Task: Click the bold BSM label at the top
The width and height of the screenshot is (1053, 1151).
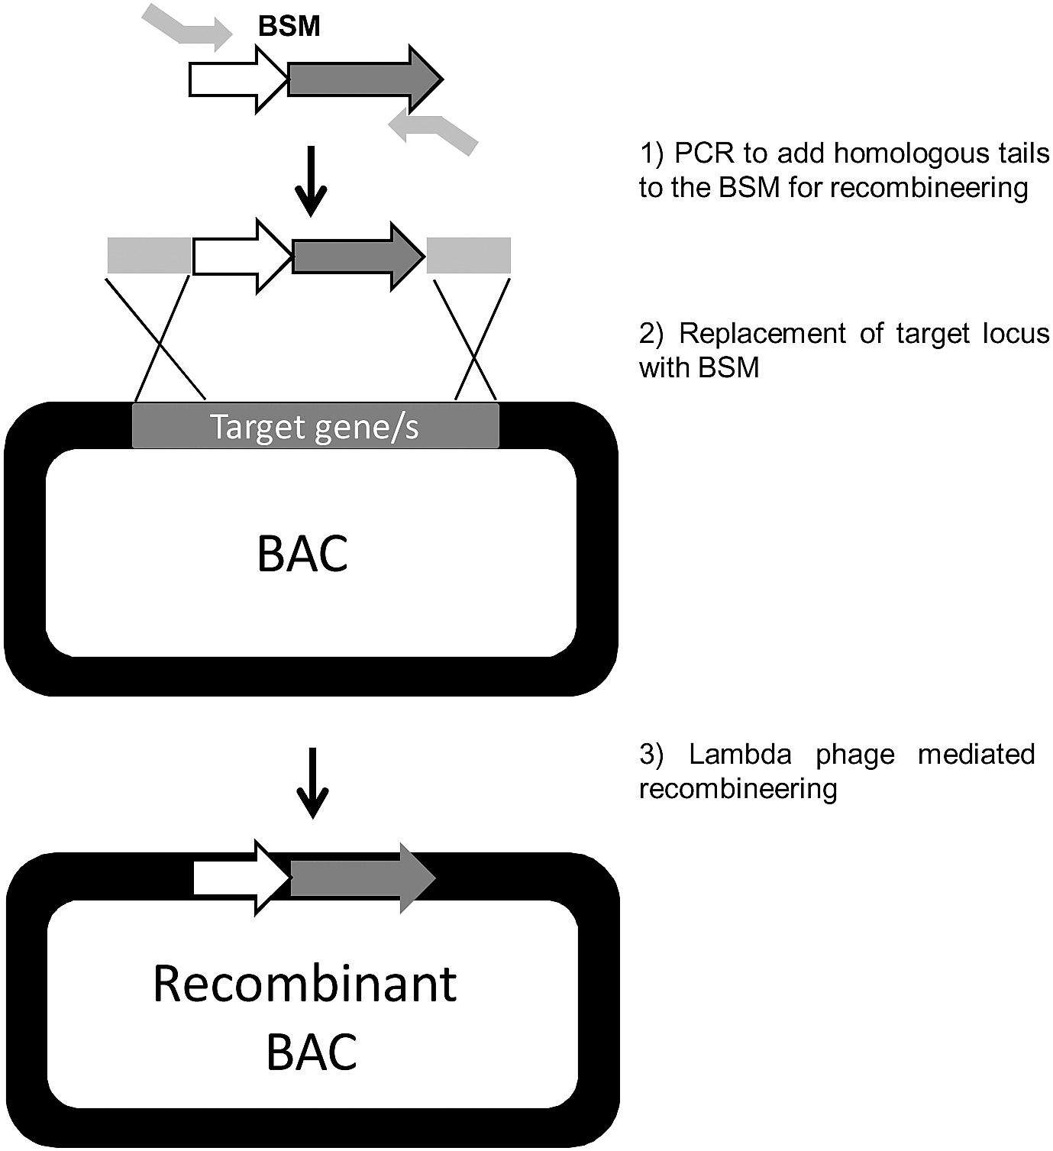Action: coord(289,27)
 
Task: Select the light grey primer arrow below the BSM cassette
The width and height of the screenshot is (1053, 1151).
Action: coord(432,131)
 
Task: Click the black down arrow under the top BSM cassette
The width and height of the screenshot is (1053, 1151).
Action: coord(311,180)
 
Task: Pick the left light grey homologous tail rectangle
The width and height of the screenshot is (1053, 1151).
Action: coord(149,255)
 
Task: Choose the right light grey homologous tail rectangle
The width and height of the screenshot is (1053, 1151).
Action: coord(468,255)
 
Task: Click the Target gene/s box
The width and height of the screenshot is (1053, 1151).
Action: coord(315,426)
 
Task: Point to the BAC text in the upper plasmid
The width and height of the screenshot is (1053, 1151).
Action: coord(303,554)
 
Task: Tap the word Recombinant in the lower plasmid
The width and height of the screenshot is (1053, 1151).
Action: coord(305,984)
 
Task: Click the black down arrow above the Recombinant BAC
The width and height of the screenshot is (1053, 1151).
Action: coord(312,781)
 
